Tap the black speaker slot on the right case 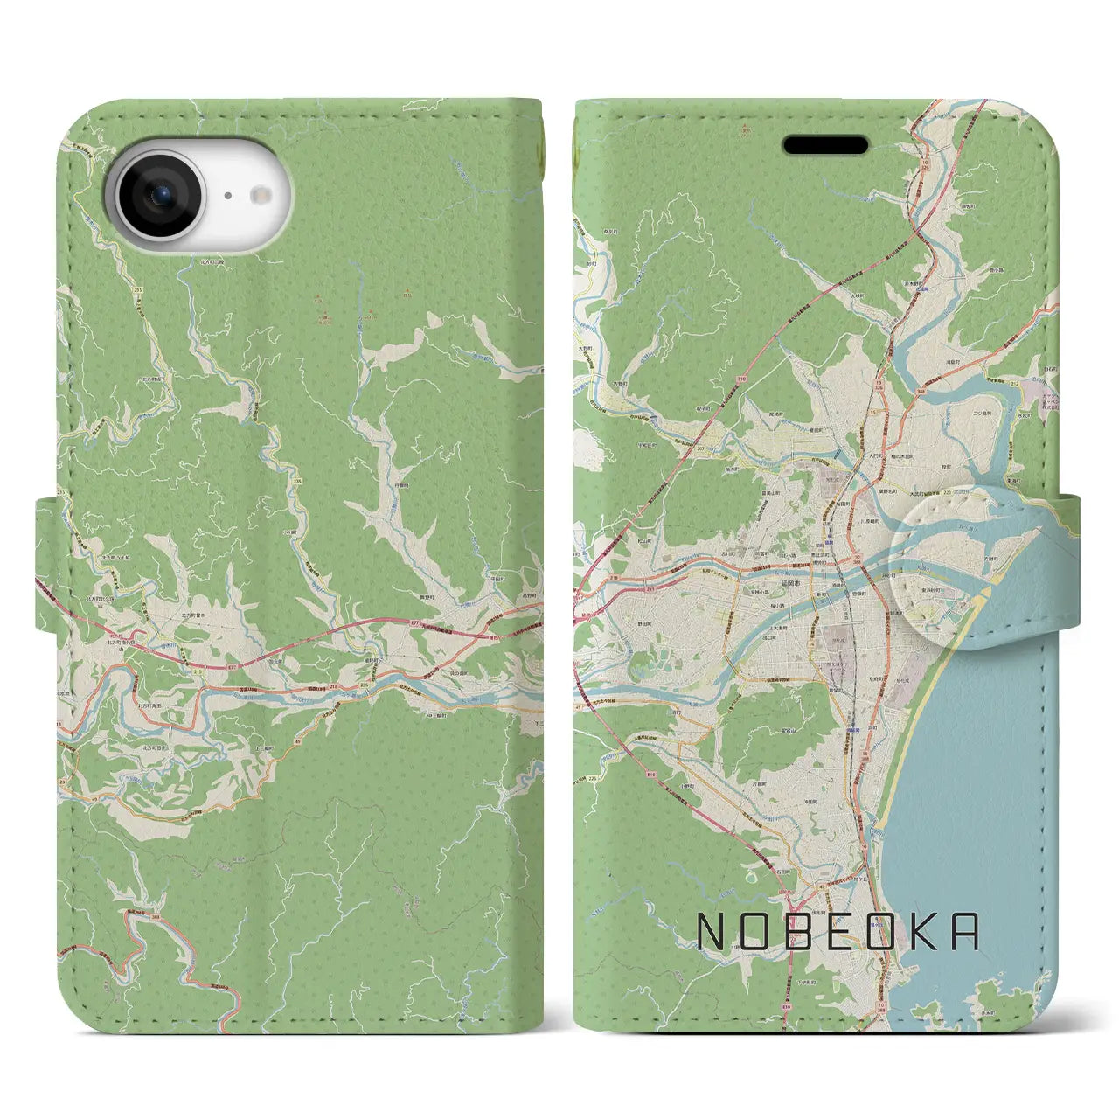(x=825, y=144)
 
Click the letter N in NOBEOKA (x=712, y=932)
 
